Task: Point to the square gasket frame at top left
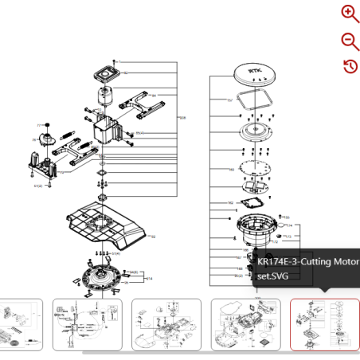pyautogui.click(x=108, y=73)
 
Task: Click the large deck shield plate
pyautogui.click(x=104, y=225)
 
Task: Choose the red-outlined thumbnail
pyautogui.click(x=324, y=325)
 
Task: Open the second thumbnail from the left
pyautogui.click(x=87, y=325)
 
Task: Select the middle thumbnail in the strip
pyautogui.click(x=166, y=325)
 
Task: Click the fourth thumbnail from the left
pyautogui.click(x=245, y=325)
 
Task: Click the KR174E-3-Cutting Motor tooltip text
pyautogui.click(x=307, y=268)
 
